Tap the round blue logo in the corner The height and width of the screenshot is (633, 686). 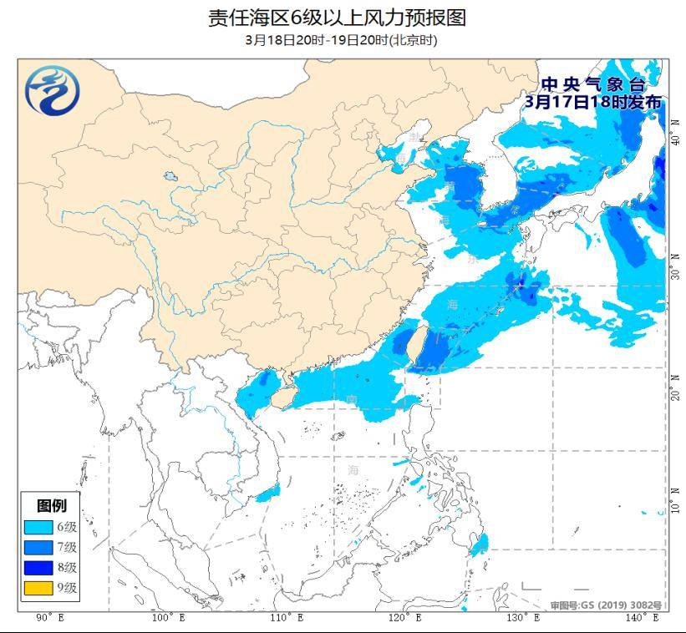click(x=52, y=90)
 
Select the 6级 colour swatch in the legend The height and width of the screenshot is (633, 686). click(x=38, y=527)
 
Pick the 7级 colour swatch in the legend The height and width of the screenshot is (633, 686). click(x=38, y=548)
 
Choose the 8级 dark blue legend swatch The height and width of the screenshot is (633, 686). click(x=38, y=568)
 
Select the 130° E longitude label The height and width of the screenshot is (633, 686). click(x=524, y=618)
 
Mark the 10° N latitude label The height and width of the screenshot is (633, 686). click(x=675, y=502)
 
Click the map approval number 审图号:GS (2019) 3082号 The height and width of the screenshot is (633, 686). click(x=606, y=605)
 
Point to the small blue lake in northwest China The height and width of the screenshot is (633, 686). click(x=171, y=178)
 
